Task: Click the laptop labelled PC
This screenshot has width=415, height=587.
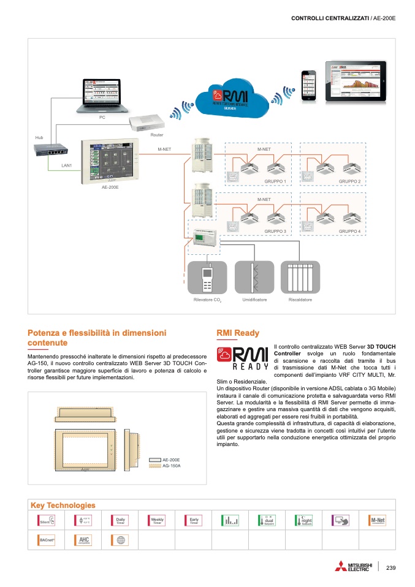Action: pos(100,95)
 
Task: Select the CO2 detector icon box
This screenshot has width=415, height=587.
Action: pos(206,279)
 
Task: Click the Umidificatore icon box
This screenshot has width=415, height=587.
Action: pos(254,279)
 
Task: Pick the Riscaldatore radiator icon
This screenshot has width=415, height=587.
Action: pos(300,279)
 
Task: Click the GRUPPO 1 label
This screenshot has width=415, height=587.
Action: pos(275,182)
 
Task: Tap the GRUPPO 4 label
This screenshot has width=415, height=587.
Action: pos(349,231)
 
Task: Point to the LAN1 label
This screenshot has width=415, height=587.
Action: pos(67,165)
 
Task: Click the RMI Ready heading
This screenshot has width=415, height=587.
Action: pos(238,333)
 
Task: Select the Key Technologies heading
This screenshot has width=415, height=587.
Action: pos(63,505)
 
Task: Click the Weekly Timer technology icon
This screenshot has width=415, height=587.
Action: pos(156,521)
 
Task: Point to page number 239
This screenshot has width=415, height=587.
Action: pos(391,568)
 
